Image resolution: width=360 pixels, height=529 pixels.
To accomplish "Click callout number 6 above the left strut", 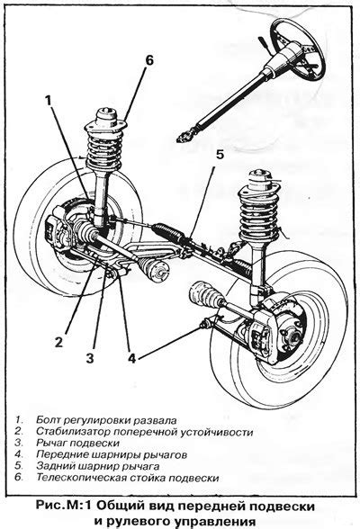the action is pyautogui.click(x=149, y=60).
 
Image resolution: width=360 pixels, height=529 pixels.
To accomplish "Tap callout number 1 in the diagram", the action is pyautogui.click(x=49, y=100).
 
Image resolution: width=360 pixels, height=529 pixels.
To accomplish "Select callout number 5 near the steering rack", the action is pyautogui.click(x=220, y=155).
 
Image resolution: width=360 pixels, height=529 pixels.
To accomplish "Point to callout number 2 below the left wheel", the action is pyautogui.click(x=58, y=343).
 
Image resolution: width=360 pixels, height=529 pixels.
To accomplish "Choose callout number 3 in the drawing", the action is pyautogui.click(x=89, y=358).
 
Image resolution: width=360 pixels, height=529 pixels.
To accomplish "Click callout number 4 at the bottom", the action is pyautogui.click(x=131, y=358).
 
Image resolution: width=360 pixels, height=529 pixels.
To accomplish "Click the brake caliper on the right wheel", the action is pyautogui.click(x=263, y=332).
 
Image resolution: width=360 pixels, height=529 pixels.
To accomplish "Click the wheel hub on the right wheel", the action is pyautogui.click(x=292, y=336).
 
